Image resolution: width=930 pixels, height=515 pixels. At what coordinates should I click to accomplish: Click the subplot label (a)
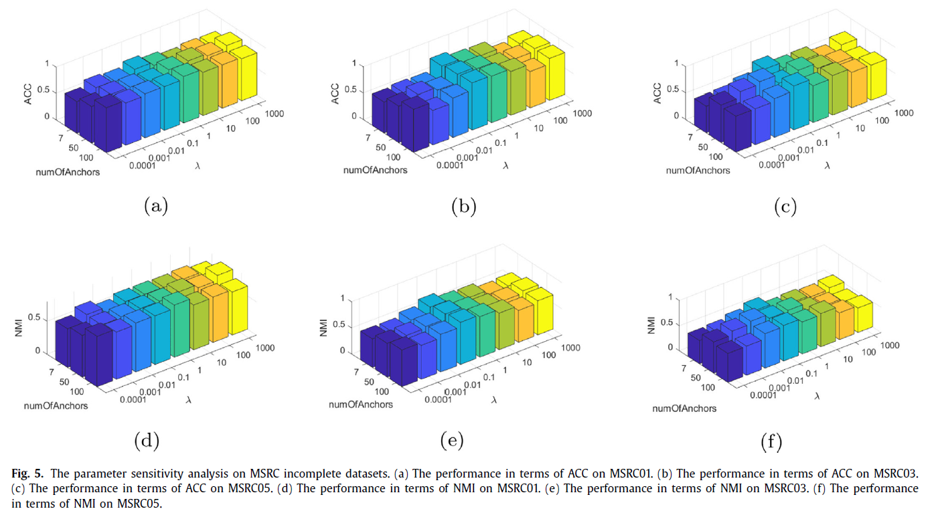(155, 207)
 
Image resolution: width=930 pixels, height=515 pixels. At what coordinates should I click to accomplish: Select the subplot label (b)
(463, 207)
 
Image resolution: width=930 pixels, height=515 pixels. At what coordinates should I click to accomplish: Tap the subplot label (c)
(785, 207)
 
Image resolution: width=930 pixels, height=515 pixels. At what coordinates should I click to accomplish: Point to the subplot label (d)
(146, 440)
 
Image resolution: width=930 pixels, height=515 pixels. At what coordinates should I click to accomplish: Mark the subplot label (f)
(771, 442)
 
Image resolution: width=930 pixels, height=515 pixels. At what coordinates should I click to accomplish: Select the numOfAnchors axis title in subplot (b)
(375, 170)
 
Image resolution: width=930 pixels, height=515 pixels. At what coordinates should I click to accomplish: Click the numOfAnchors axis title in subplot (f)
(684, 408)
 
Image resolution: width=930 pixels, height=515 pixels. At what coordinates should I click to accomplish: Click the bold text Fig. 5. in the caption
(26, 474)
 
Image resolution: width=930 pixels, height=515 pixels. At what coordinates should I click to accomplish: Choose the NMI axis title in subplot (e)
(325, 326)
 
